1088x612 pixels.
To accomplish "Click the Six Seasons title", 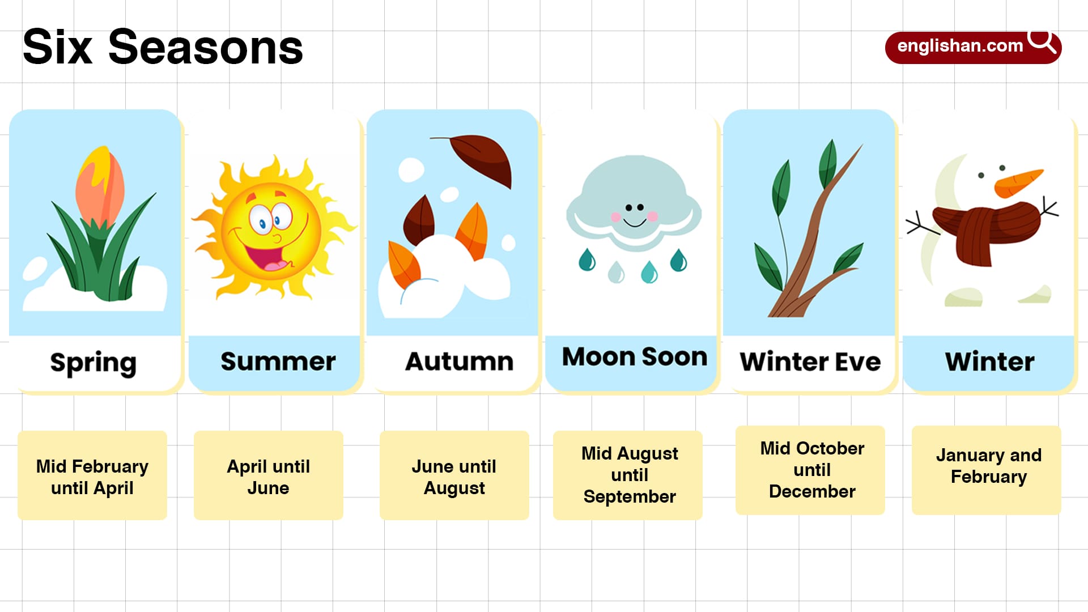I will (x=163, y=47).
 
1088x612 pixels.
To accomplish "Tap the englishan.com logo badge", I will (x=960, y=46).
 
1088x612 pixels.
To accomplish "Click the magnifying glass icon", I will (x=1042, y=41).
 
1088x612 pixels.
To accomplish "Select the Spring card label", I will (x=93, y=363).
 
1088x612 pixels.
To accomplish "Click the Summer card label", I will (x=278, y=362).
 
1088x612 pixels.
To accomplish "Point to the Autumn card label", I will (x=459, y=362).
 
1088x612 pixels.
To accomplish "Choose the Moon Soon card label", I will (x=635, y=357).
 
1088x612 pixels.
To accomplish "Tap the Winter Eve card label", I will (x=810, y=362).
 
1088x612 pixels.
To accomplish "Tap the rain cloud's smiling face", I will (x=635, y=214).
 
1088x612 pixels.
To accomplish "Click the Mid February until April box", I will (x=92, y=476).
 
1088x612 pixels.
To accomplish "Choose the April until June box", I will (x=269, y=476).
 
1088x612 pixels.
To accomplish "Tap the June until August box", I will (x=454, y=476).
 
